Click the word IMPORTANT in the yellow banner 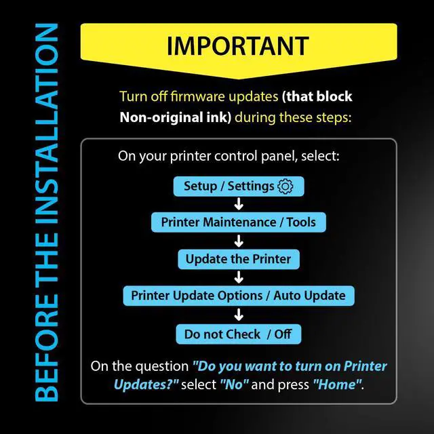coord(238,46)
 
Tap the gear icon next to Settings coord(285,186)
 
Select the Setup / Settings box coord(239,186)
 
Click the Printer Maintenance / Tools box coord(238,222)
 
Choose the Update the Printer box coord(239,259)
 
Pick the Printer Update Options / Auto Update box coord(239,296)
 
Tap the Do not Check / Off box coord(238,334)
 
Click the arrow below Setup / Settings coord(239,203)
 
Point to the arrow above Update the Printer coord(239,241)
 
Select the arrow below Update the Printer coord(239,277)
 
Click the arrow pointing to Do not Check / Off coord(239,315)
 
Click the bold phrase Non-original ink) coord(175,117)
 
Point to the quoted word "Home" coord(338,384)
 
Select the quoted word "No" coord(234,384)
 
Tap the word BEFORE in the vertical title coord(47,347)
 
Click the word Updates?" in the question coord(146,385)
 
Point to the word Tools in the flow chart coord(301,222)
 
